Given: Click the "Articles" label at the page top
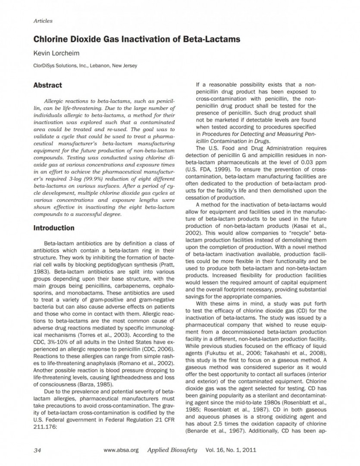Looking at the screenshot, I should [x=43, y=20].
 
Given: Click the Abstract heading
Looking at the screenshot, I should [x=47, y=85].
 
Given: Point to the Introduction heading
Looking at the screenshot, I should [x=53, y=228].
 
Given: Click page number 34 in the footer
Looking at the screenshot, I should [x=37, y=450].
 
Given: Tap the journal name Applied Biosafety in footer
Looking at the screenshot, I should [x=172, y=450].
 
